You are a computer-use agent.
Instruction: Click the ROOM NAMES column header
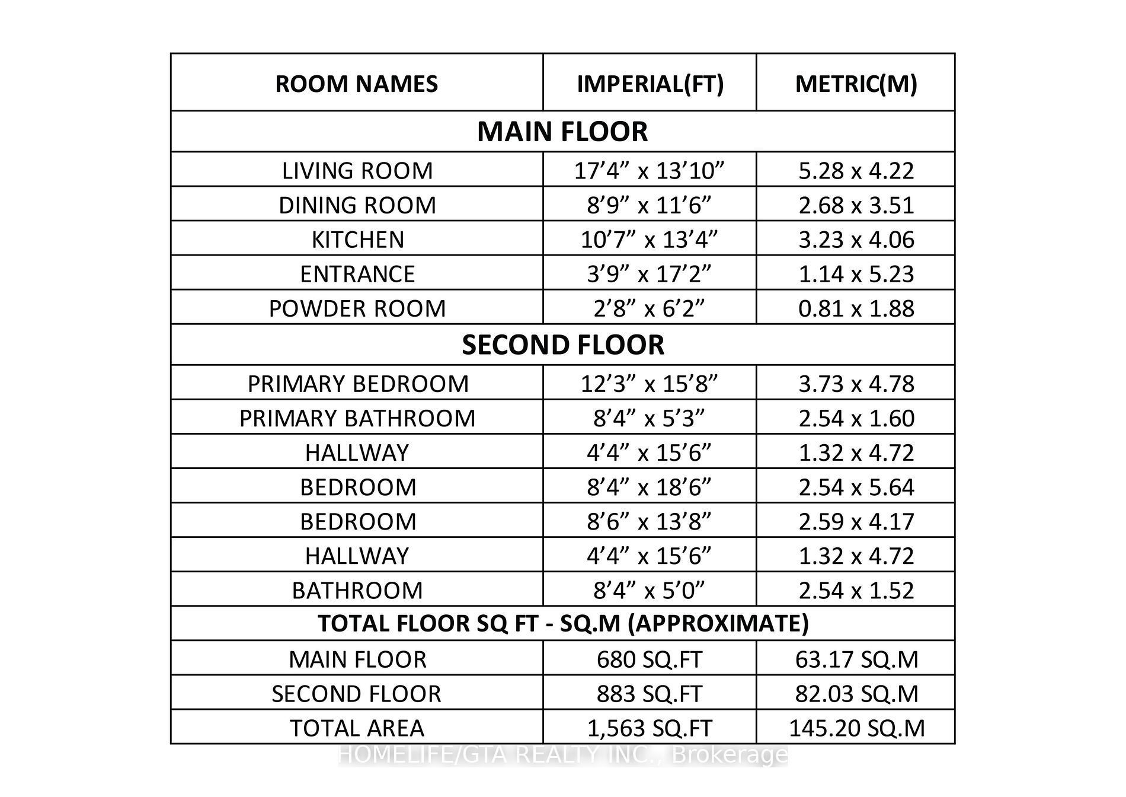tap(356, 84)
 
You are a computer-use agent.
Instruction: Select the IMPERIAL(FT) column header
tap(650, 84)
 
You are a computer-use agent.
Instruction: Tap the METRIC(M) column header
tap(856, 84)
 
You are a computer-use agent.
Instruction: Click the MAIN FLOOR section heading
tap(562, 132)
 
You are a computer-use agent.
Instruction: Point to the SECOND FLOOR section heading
tap(562, 345)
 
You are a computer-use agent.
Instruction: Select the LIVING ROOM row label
tap(357, 171)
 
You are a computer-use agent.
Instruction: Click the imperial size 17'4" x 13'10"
tap(650, 171)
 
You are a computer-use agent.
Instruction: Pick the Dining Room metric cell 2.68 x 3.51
tap(856, 205)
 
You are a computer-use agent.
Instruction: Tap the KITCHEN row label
tap(357, 240)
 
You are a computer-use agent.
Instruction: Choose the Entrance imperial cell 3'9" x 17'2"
tap(650, 274)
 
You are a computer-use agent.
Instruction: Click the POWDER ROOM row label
tap(357, 308)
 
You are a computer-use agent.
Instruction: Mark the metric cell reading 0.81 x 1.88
tap(856, 308)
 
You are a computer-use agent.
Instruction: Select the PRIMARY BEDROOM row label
tap(357, 384)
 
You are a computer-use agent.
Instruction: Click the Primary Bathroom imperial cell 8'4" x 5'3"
tap(650, 418)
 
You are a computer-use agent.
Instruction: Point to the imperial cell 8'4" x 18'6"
tap(650, 487)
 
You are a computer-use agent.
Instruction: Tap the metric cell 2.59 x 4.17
tap(856, 521)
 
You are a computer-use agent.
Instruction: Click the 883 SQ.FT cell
tap(650, 694)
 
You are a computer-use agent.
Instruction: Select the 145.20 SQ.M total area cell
tap(856, 728)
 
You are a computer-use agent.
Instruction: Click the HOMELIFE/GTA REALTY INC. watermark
tap(562, 755)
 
